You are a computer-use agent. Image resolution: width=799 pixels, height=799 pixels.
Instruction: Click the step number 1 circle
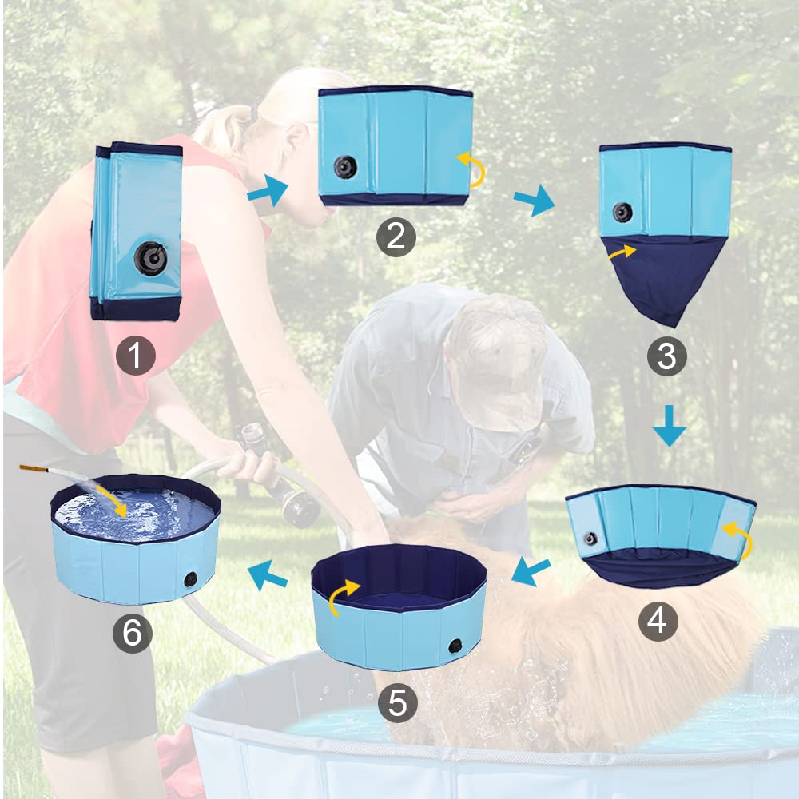135,356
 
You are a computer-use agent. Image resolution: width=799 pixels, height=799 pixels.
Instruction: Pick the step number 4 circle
657,621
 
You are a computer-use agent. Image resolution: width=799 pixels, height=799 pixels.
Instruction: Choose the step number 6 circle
132,634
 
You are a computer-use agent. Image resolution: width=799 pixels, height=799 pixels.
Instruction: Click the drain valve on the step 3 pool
622,212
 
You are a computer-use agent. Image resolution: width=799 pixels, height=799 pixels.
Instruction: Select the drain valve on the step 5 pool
455,645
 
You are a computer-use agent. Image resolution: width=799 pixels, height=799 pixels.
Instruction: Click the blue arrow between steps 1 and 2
267,192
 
